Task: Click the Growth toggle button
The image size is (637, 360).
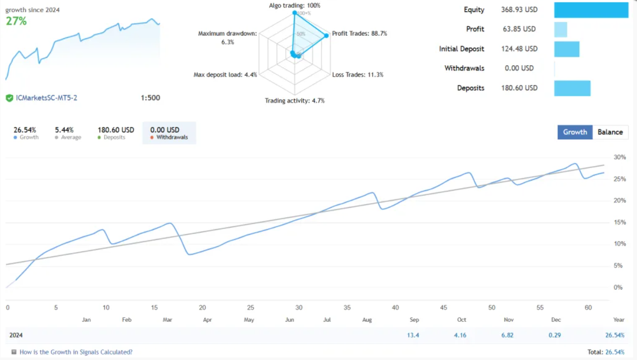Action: tap(575, 132)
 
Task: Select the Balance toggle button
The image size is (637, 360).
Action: tap(610, 132)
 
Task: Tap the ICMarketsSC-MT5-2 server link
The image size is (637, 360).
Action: tap(46, 98)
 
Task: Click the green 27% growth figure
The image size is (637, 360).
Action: tap(16, 21)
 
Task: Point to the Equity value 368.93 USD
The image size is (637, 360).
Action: tap(522, 10)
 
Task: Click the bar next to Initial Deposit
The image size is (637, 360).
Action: tap(566, 49)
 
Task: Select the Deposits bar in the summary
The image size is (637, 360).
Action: tap(572, 88)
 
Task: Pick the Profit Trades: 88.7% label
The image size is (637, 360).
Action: tap(359, 34)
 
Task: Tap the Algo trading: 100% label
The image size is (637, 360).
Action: tap(295, 5)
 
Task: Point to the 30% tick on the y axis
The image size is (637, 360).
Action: tap(619, 157)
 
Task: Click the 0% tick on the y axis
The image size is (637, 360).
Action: tap(617, 287)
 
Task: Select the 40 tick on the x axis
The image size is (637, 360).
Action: tap(395, 308)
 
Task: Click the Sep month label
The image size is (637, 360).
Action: tap(414, 320)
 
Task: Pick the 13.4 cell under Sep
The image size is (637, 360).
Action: tap(413, 335)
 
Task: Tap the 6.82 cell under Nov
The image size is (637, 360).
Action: tap(507, 335)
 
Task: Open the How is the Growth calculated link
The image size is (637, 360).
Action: tap(76, 352)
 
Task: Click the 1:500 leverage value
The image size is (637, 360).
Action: tap(150, 98)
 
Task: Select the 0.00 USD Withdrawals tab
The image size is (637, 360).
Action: tap(169, 133)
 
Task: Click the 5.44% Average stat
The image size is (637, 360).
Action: tap(64, 133)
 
